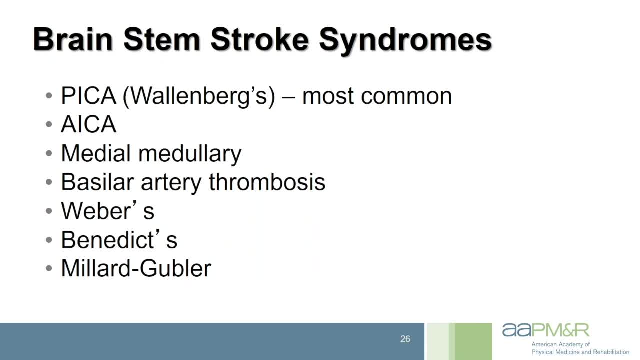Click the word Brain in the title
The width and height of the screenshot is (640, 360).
tap(73, 39)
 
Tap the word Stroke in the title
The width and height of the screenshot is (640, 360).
tap(259, 39)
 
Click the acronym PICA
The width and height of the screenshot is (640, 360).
tap(89, 96)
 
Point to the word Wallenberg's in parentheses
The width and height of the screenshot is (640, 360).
tap(199, 97)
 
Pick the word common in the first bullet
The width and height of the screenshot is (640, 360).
tap(406, 97)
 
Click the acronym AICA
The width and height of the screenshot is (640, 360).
tap(89, 124)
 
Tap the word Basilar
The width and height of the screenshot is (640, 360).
tap(97, 182)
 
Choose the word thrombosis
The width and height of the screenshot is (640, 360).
tap(267, 182)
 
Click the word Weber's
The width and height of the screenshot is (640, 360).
tap(108, 210)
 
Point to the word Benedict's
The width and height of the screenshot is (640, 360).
tap(119, 239)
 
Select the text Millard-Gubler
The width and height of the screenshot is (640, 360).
tap(136, 268)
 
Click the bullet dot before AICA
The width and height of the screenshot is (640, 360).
tap(49, 124)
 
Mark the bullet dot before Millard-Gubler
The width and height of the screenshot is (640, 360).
tap(49, 268)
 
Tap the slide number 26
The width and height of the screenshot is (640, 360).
tap(405, 339)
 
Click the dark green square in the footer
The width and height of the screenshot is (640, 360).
tap(473, 341)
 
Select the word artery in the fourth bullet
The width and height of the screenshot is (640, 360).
tap(171, 183)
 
